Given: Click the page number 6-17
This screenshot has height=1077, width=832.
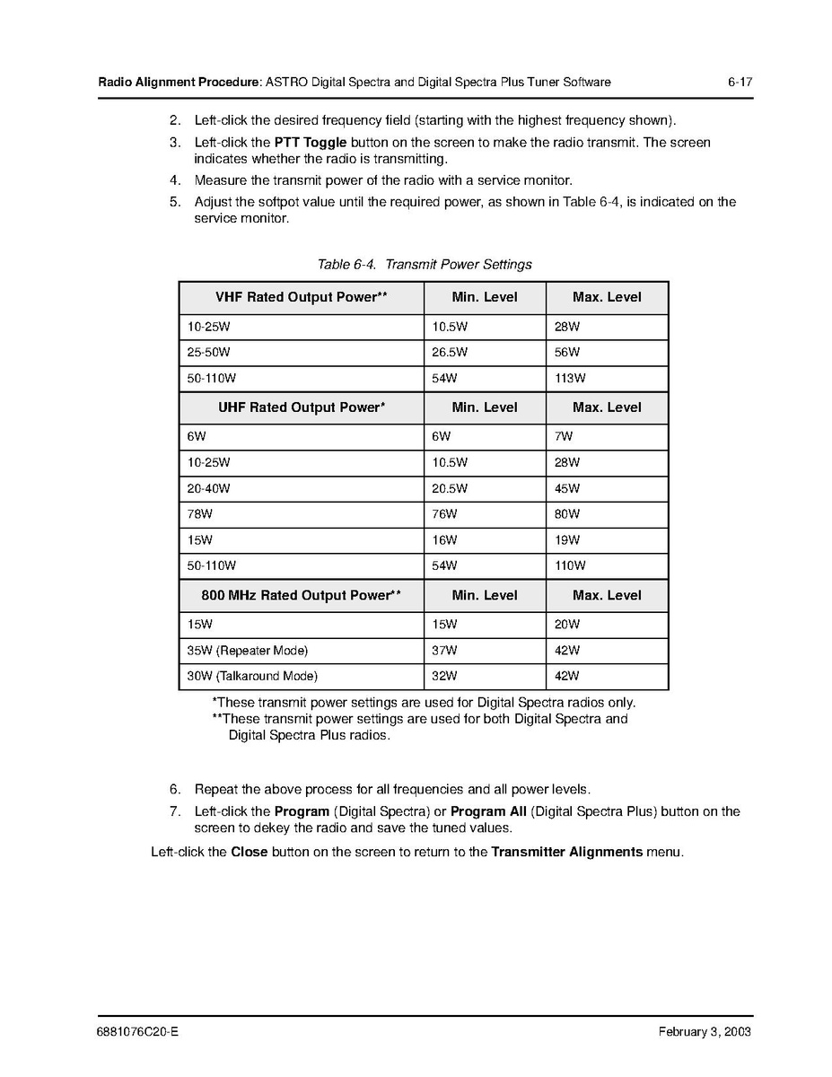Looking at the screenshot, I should click(740, 83).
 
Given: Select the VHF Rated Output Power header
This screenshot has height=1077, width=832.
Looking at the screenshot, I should click(301, 297).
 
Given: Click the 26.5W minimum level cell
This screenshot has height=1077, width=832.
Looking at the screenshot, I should click(450, 353).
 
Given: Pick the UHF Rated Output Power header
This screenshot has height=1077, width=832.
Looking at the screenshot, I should click(302, 407).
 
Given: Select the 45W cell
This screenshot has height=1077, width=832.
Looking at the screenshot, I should click(567, 489).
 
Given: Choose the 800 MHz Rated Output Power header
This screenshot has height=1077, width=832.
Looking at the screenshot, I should click(301, 595).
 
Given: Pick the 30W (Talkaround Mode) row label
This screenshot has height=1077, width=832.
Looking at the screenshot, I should click(252, 676).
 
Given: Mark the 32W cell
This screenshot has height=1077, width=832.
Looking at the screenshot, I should click(444, 676).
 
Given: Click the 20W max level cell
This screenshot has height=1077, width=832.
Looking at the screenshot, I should click(567, 625).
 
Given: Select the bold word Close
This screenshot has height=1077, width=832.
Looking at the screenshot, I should click(250, 852).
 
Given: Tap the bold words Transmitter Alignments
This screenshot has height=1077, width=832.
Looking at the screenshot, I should click(566, 852).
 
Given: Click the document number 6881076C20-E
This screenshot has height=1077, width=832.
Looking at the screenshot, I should click(138, 1032).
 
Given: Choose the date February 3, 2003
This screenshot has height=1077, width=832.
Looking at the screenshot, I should click(705, 1032).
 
